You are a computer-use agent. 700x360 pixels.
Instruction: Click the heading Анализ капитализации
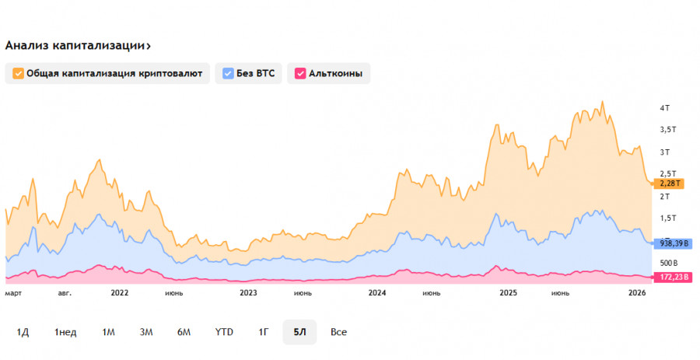pyautogui.click(x=77, y=45)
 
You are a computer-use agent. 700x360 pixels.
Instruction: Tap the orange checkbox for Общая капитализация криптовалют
pyautogui.click(x=17, y=74)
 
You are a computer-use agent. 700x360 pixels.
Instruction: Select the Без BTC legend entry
pyautogui.click(x=249, y=74)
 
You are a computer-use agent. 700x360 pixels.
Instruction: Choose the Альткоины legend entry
pyautogui.click(x=330, y=74)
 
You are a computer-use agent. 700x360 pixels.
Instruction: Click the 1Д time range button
pyautogui.click(x=23, y=332)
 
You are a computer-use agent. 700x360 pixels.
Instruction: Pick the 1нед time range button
pyautogui.click(x=65, y=332)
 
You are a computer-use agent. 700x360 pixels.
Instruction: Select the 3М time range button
pyautogui.click(x=146, y=332)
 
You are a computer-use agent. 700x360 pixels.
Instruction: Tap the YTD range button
pyautogui.click(x=224, y=332)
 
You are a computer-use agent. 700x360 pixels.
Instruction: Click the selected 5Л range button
pyautogui.click(x=299, y=332)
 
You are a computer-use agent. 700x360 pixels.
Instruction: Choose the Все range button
pyautogui.click(x=338, y=332)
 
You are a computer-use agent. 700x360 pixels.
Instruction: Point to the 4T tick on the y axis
pyautogui.click(x=665, y=107)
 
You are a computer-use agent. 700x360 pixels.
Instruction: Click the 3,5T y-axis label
pyautogui.click(x=667, y=130)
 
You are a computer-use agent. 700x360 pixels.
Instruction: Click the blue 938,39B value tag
pyautogui.click(x=674, y=243)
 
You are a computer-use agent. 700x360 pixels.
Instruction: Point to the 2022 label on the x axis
pyautogui.click(x=119, y=293)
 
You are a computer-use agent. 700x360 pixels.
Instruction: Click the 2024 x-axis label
pyautogui.click(x=377, y=293)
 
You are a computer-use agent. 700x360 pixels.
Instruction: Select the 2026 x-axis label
pyautogui.click(x=637, y=293)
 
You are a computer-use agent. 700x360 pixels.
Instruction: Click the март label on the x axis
pyautogui.click(x=13, y=293)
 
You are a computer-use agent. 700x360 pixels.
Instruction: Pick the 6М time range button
pyautogui.click(x=184, y=332)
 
